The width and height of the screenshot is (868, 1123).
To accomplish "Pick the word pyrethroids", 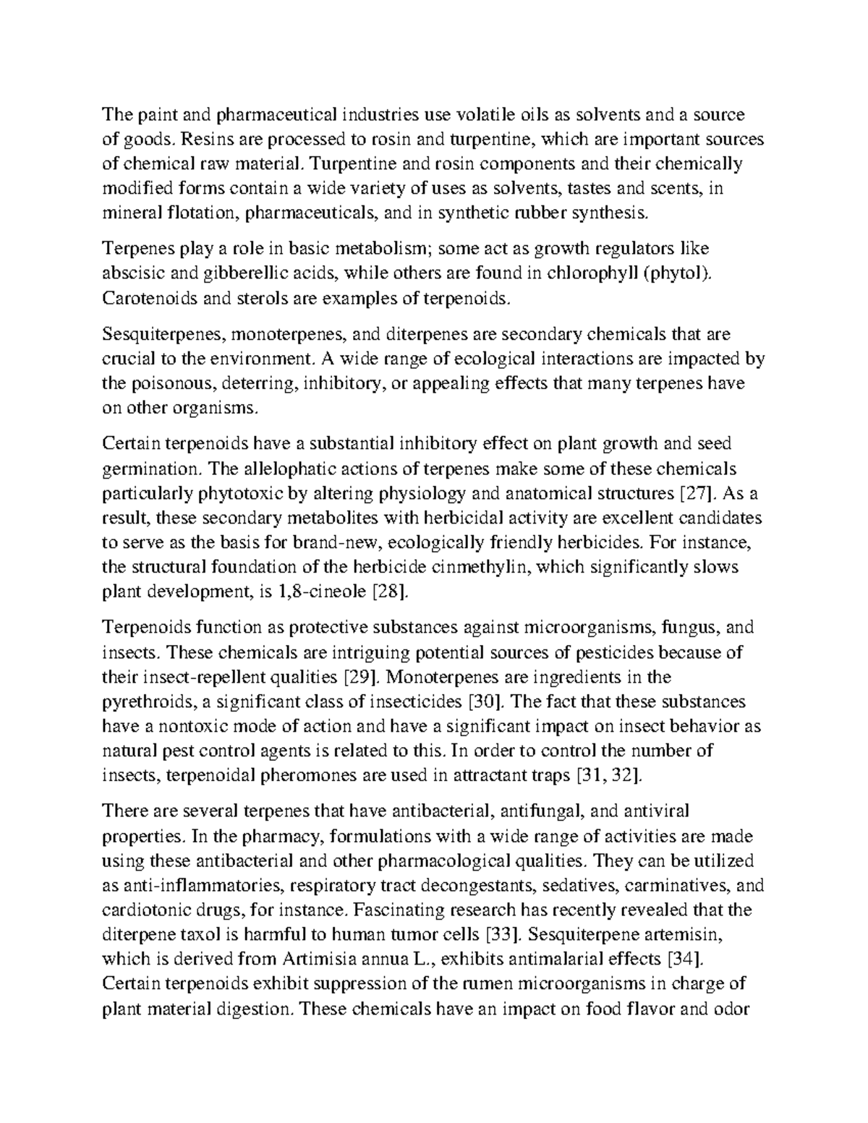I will (145, 702).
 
